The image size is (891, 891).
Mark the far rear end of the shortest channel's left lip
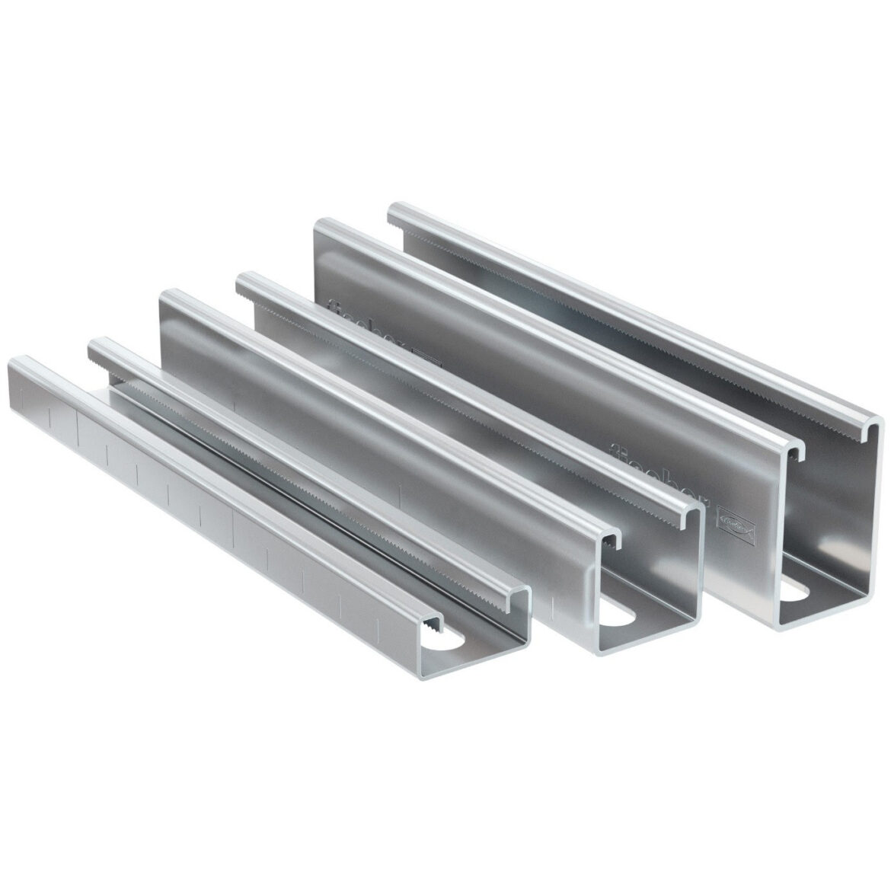pos(15,361)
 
